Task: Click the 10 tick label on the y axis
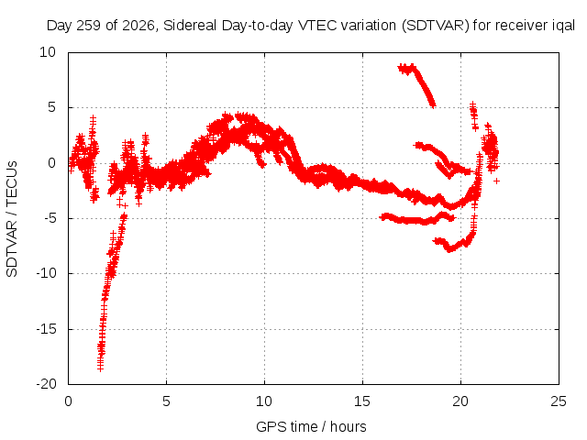click(48, 52)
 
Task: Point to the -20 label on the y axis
click(46, 384)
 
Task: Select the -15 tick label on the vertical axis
click(46, 329)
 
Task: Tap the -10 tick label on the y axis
click(46, 273)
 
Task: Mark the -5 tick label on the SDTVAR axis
click(49, 218)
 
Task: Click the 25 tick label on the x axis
click(559, 401)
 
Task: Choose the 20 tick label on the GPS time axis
click(460, 401)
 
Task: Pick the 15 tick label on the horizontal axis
click(362, 401)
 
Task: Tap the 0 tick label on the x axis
click(68, 401)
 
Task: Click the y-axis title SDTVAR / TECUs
click(12, 219)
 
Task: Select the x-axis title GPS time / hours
click(311, 426)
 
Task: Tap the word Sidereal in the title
click(190, 26)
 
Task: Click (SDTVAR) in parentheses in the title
click(436, 26)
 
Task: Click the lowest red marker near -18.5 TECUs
click(100, 368)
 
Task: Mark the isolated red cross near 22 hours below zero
click(496, 181)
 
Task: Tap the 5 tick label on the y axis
click(51, 107)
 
